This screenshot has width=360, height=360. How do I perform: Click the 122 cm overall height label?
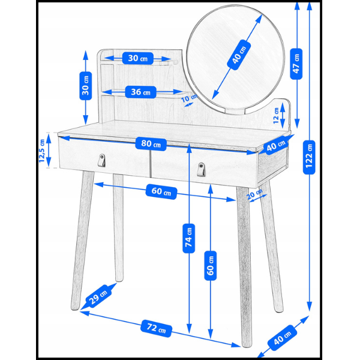[309, 157]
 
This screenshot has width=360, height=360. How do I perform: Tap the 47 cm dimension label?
[296, 64]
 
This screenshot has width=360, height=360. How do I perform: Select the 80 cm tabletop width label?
[151, 144]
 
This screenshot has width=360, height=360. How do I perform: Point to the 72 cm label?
[156, 328]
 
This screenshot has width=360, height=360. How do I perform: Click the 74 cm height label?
[189, 238]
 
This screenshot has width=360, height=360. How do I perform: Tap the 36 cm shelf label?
[140, 92]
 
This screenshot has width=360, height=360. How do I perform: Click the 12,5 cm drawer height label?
[42, 151]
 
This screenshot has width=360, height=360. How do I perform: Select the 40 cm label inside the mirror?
[239, 55]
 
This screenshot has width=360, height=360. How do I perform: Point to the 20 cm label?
[255, 194]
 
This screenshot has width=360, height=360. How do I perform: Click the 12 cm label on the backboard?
[276, 115]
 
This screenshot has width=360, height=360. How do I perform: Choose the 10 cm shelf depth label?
[190, 98]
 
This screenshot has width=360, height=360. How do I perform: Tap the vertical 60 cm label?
[211, 266]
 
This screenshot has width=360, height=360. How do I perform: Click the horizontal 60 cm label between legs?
[161, 191]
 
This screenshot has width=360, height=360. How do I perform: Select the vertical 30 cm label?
[86, 86]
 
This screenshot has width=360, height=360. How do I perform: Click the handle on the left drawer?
[102, 160]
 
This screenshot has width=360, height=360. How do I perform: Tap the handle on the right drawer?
[202, 169]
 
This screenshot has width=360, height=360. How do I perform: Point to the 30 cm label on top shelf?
[138, 58]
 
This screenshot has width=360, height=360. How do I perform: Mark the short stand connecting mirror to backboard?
[235, 112]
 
